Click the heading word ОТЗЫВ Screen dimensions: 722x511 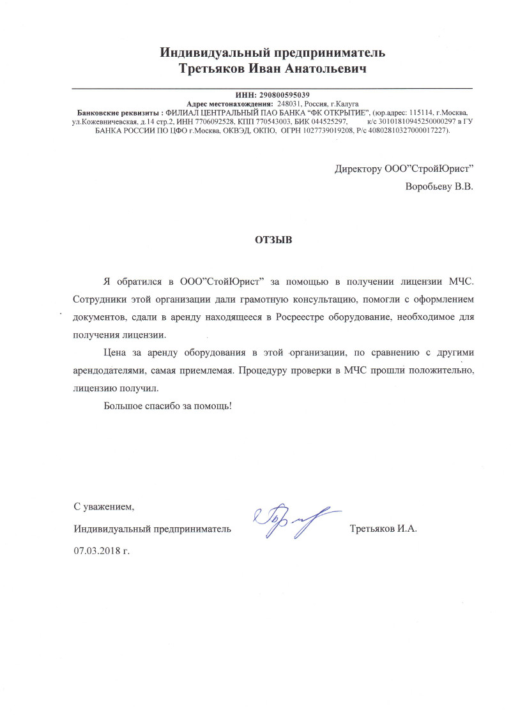coord(273,241)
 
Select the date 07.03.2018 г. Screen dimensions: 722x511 coord(102,549)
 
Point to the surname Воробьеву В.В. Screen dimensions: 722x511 coord(439,188)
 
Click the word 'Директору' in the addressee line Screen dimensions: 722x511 coord(358,169)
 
